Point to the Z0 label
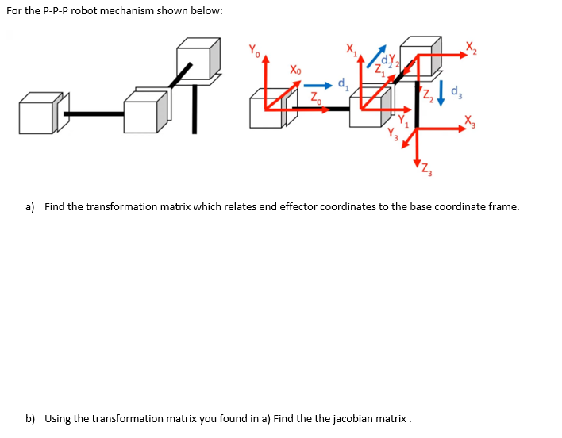coord(315,98)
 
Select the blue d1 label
coord(343,82)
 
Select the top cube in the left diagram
coord(198,56)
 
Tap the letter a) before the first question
coord(30,207)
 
